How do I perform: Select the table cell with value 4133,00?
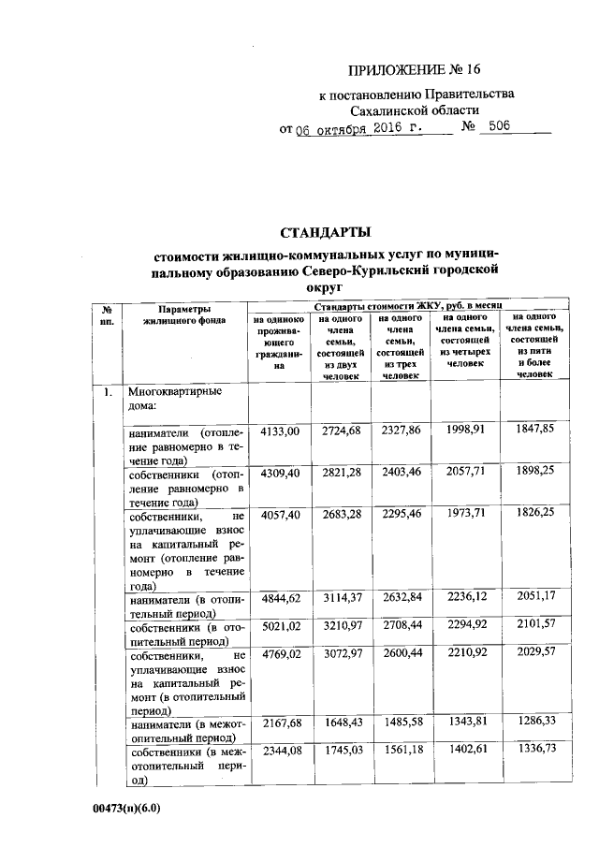pos(279,431)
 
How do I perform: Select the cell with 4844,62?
pos(279,600)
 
